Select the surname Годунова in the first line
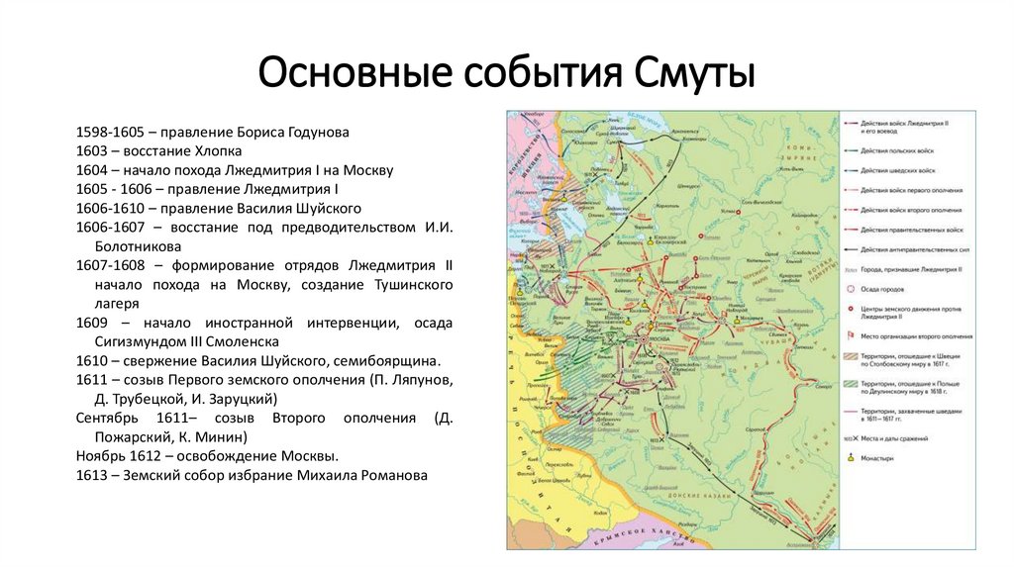click(x=313, y=132)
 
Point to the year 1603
click(x=92, y=150)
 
